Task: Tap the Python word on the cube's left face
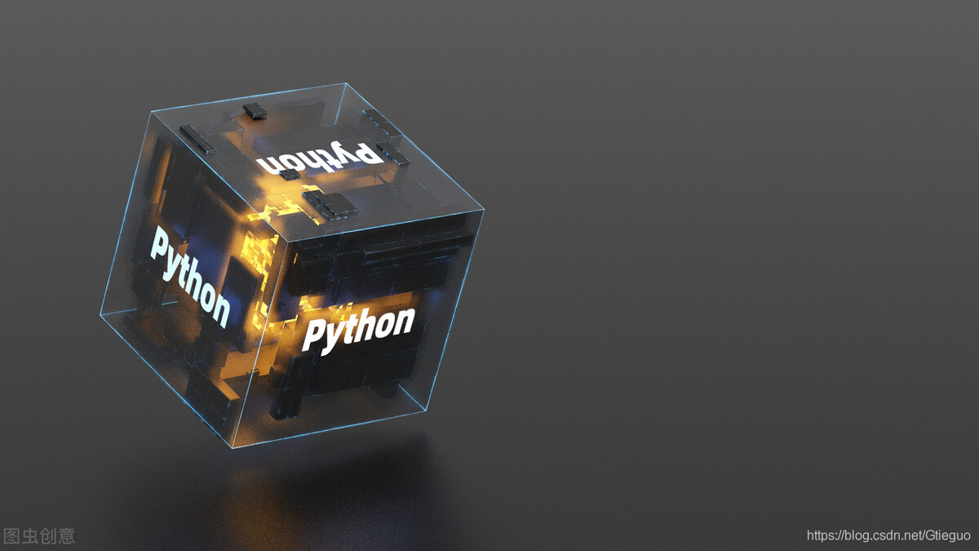tap(189, 275)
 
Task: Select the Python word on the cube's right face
tap(358, 329)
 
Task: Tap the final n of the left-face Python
tap(219, 308)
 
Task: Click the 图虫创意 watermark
tap(39, 535)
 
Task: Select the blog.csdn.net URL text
tap(888, 535)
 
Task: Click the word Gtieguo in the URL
tap(948, 535)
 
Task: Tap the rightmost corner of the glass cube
tap(484, 209)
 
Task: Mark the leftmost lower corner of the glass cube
tap(100, 314)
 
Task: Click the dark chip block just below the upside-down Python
tap(330, 205)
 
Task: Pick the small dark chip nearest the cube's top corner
tap(255, 110)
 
